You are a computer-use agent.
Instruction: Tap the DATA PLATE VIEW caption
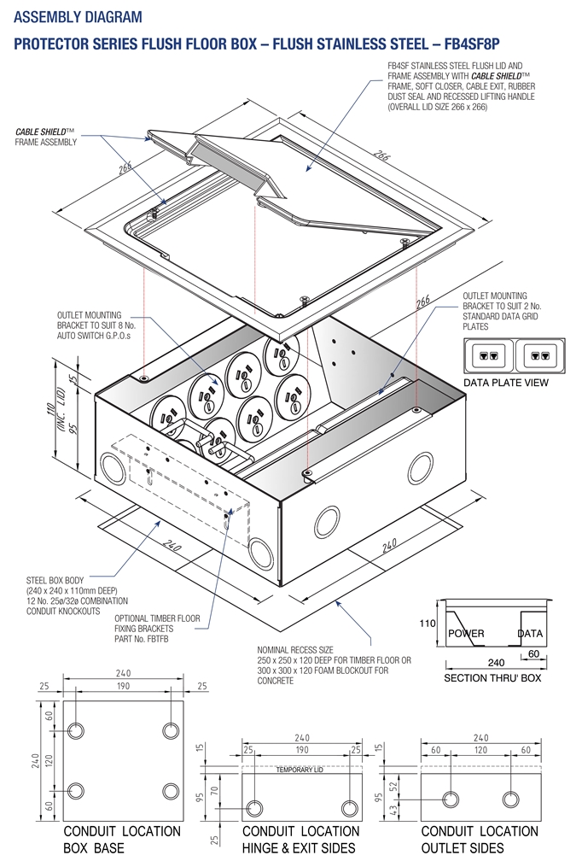click(x=506, y=383)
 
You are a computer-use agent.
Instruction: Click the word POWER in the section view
click(x=466, y=633)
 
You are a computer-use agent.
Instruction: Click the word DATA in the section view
click(x=530, y=633)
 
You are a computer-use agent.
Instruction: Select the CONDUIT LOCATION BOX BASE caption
click(x=122, y=839)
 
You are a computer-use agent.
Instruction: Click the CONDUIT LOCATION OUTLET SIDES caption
click(x=480, y=839)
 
